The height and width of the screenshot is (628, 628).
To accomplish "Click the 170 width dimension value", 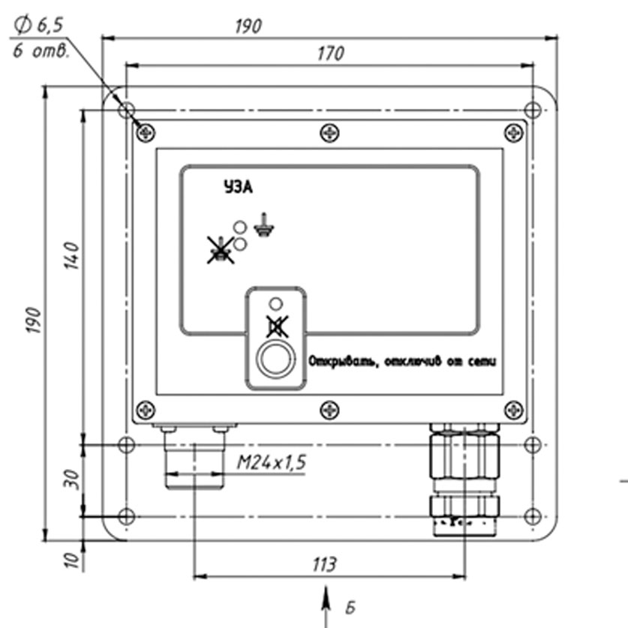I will [x=330, y=53].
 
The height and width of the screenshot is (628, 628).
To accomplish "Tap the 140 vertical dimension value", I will [x=73, y=257].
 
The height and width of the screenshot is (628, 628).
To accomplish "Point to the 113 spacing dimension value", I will [x=325, y=564].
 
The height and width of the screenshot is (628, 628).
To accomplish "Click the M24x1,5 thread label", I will [x=272, y=463].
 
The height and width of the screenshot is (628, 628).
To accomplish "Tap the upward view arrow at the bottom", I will [x=326, y=604].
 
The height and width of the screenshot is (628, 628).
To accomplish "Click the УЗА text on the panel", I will [x=238, y=188].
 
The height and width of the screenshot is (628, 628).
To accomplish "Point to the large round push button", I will [x=275, y=359].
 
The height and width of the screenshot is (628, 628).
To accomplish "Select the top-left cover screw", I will [x=146, y=134].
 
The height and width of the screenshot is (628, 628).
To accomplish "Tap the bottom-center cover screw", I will [x=329, y=410].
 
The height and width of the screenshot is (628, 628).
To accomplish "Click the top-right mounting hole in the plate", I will [x=532, y=110].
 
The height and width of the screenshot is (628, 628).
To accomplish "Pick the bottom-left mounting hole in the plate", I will [x=127, y=517].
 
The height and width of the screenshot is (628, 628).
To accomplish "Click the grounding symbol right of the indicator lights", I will [x=262, y=226].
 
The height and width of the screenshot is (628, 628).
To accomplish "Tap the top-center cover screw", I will [x=329, y=134].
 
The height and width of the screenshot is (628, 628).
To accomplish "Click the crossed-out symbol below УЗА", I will [x=221, y=250].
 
